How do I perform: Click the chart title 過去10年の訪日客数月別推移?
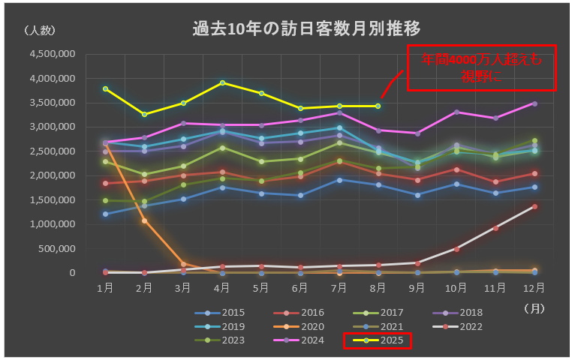pyautogui.click(x=306, y=29)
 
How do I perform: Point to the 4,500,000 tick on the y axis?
pyautogui.click(x=53, y=54)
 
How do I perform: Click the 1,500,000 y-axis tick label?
pyautogui.click(x=53, y=199)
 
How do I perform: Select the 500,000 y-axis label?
pyautogui.click(x=59, y=248)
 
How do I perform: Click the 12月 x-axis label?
pyautogui.click(x=534, y=287)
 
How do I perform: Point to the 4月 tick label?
pyautogui.click(x=222, y=287)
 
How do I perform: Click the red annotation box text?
pyautogui.click(x=480, y=67)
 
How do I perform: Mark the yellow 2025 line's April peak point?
pyautogui.click(x=222, y=82)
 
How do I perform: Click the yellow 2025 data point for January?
pyautogui.click(x=106, y=88)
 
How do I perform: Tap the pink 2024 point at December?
pyautogui.click(x=534, y=103)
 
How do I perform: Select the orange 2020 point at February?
pyautogui.click(x=145, y=220)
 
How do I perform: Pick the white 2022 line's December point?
pyautogui.click(x=534, y=206)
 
